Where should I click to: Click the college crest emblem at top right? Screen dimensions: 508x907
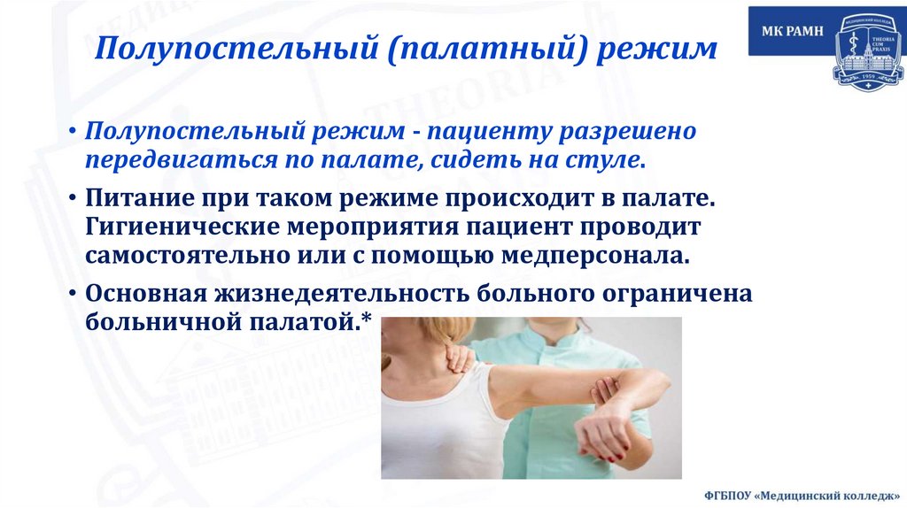point(865,48)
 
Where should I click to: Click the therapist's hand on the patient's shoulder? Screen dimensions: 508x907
point(461,358)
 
